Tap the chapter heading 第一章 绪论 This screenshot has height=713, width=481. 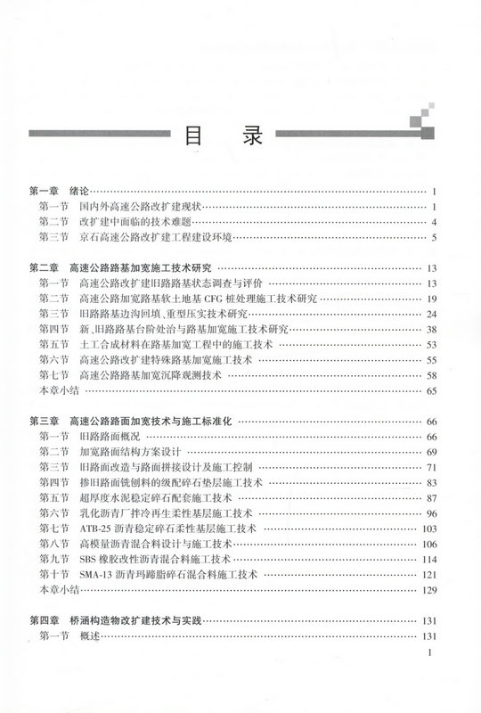tap(60, 192)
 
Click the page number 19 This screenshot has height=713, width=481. tap(429, 298)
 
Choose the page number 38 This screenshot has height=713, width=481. tap(429, 329)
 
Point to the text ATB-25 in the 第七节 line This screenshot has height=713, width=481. tap(94, 529)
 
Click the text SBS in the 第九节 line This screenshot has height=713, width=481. tap(88, 559)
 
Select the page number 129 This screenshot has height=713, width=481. tap(427, 591)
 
